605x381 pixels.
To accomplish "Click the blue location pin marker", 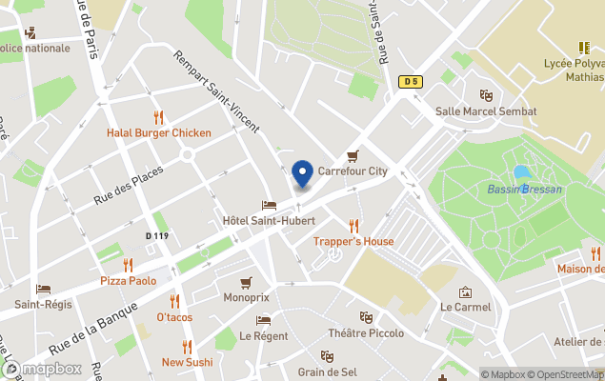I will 302,174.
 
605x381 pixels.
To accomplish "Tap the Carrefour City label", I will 353,171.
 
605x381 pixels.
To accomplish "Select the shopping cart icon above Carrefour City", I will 353,156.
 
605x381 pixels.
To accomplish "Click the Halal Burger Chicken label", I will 158,133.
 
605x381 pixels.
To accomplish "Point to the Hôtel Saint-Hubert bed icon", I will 269,206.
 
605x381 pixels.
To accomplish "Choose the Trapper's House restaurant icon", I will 353,226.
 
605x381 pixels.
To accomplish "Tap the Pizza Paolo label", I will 128,281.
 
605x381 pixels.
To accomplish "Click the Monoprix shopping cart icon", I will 247,282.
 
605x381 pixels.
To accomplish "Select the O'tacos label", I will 174,316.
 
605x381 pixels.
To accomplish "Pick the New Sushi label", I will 187,362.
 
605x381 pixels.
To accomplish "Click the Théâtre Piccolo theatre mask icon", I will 366,317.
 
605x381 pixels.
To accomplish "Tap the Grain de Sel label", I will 327,371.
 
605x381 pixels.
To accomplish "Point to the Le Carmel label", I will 465,307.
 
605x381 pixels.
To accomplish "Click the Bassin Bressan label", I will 524,190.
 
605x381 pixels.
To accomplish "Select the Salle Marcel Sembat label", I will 485,111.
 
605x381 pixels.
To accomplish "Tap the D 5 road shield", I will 411,82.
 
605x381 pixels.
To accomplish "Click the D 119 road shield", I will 157,235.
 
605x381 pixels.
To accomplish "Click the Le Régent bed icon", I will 264,320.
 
